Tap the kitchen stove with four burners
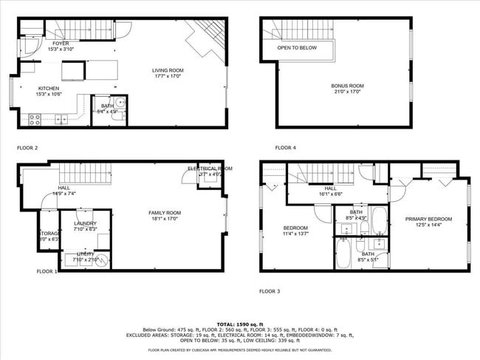coord(34,118)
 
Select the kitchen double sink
coord(61,118)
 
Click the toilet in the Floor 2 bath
coord(120,104)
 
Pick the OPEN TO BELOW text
coord(297,47)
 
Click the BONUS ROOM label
coord(347,86)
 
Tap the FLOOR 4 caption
coord(286,148)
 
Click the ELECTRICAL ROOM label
coord(210,169)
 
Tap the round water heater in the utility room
coord(101,259)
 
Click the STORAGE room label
coord(49,234)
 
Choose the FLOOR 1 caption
coord(47,271)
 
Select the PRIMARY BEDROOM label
coord(428,219)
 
